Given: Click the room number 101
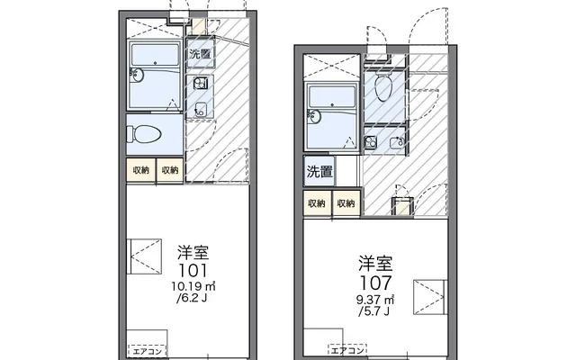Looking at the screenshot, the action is [x=193, y=271].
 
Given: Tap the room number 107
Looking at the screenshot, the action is [x=375, y=283].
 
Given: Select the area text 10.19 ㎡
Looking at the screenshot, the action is [x=193, y=286].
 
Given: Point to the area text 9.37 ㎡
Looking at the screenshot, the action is [x=375, y=300].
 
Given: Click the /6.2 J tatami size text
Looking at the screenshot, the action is [x=192, y=298].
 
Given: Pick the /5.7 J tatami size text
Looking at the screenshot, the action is [x=374, y=312].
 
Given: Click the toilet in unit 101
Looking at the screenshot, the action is [x=144, y=134].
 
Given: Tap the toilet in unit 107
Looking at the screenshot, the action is [x=383, y=86].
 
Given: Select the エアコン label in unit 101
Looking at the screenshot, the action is [x=148, y=351].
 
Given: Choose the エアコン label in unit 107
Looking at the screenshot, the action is [x=347, y=349].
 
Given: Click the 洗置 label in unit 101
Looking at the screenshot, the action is [x=200, y=54].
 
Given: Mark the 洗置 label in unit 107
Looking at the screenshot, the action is [x=319, y=171].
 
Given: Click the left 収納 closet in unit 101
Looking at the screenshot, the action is [x=141, y=170].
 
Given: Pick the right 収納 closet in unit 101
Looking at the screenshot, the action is [x=170, y=170].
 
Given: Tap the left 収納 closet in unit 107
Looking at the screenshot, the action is [x=317, y=203].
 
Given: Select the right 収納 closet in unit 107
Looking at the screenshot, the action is [x=346, y=203].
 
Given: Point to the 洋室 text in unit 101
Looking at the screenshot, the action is [x=193, y=253].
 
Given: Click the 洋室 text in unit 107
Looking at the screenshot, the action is [x=375, y=264].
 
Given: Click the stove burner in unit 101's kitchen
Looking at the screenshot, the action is [x=201, y=84].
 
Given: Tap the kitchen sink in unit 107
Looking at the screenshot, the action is [x=396, y=142].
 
